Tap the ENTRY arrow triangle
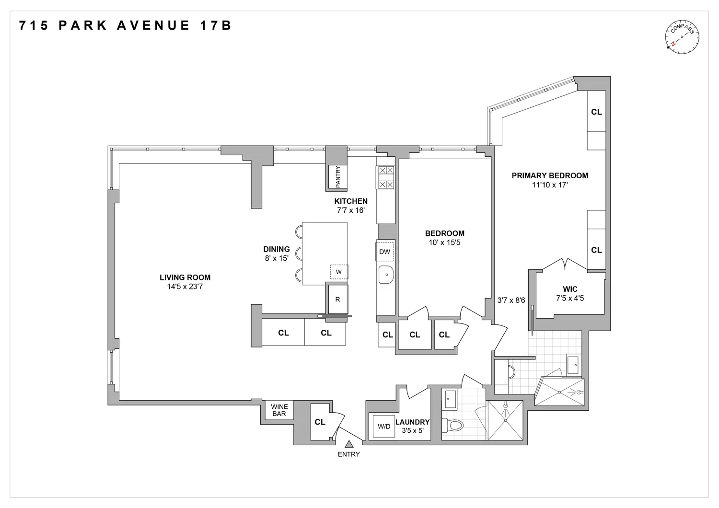[x=349, y=444]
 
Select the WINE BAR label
[x=279, y=410]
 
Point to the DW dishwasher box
[x=384, y=252]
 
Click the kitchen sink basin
[x=385, y=275]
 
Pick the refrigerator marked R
[x=337, y=300]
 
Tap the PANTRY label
[x=337, y=175]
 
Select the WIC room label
[x=570, y=289]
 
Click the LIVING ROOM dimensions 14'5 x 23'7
[x=185, y=287]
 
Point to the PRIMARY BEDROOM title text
[x=550, y=175]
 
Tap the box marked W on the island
[x=339, y=272]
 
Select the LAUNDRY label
[x=412, y=422]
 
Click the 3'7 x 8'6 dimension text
[x=511, y=300]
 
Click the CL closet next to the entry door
[x=320, y=422]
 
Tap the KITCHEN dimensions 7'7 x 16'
[x=351, y=210]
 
